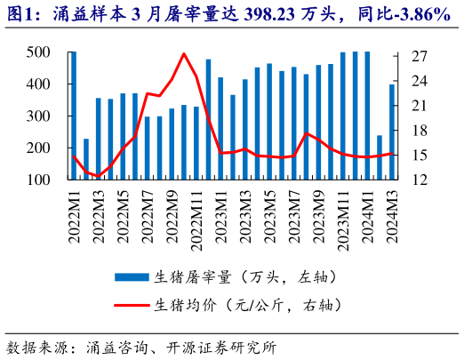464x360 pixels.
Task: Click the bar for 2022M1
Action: (x=73, y=116)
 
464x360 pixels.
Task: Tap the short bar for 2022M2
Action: (x=86, y=159)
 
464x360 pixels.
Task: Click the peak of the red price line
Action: (x=184, y=54)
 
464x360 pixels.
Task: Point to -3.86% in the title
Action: (x=417, y=14)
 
